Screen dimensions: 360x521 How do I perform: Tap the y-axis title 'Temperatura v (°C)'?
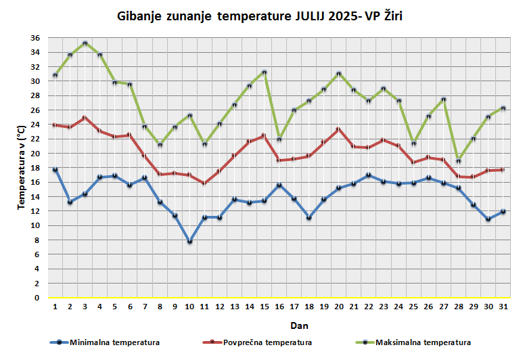point(21,166)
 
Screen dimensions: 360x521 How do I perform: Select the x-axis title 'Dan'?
point(277,325)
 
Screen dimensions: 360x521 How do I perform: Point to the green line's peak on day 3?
point(85,43)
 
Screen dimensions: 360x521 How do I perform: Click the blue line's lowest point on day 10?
point(189,242)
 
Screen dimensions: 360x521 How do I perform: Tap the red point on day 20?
point(338,129)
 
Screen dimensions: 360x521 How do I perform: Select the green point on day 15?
point(264,72)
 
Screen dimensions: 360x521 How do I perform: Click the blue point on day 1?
point(55,170)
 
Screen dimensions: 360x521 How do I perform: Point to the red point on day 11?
point(204,183)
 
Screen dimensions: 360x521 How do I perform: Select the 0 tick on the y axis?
point(38,298)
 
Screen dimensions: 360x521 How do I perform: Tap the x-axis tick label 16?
point(279,307)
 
